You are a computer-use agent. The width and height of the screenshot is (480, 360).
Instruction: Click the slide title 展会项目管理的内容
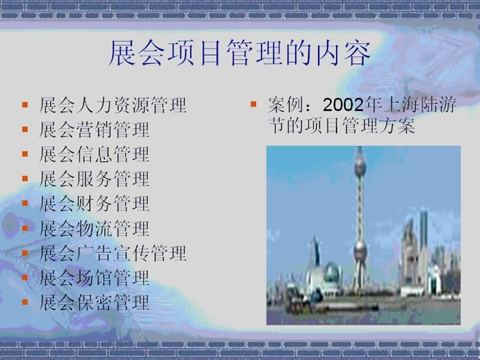pos(240,53)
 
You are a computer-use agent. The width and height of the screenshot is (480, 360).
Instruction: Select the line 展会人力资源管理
pos(113,105)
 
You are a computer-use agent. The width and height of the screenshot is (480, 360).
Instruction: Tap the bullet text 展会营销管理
pos(95,130)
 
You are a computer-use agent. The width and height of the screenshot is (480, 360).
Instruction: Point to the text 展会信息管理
pos(95,154)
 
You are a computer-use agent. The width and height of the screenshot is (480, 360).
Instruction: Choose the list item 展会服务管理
pos(95,179)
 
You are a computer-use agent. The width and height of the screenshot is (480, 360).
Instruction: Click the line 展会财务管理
pos(95,204)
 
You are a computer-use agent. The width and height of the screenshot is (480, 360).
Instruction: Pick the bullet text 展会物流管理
pos(95,229)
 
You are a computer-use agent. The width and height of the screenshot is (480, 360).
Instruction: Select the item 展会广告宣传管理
pos(113,253)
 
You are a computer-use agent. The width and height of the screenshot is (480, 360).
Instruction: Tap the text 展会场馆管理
pos(95,278)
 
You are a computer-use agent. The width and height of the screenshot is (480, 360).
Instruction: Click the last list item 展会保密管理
pos(95,302)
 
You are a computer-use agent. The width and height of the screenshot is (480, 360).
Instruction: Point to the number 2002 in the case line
pos(343,105)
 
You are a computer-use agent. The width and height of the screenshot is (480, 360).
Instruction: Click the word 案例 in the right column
pos(286,105)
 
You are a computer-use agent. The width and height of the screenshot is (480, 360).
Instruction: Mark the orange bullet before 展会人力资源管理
pos(25,105)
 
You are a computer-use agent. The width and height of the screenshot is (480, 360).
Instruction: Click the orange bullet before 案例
pos(253,104)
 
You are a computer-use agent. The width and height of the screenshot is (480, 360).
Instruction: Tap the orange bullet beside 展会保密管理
pos(25,302)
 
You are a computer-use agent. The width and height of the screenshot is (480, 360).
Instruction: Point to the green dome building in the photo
pos(332,272)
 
